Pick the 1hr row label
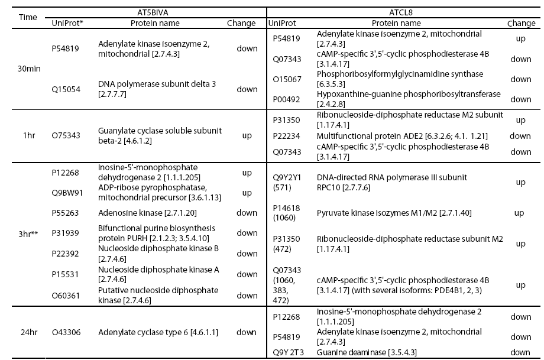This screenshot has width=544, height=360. (x=28, y=135)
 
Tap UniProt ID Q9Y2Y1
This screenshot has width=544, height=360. (x=285, y=177)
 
